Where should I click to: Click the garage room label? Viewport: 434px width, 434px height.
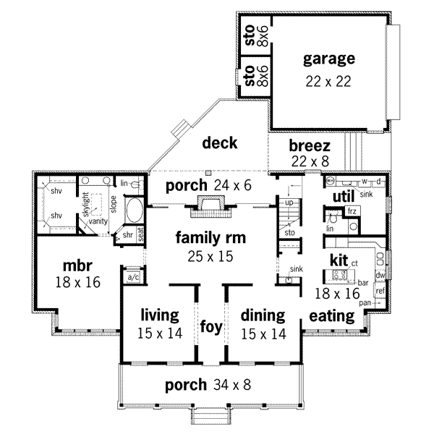[328, 59]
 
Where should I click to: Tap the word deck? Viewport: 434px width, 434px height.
[220, 142]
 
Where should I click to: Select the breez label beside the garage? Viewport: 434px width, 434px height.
[310, 145]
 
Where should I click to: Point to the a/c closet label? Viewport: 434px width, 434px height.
[133, 277]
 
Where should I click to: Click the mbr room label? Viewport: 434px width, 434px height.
[76, 265]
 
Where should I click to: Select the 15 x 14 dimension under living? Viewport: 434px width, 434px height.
[160, 333]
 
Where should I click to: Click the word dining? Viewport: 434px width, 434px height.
[262, 315]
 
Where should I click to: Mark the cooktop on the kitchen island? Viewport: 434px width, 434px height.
[337, 274]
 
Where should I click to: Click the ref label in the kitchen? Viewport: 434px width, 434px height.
[380, 291]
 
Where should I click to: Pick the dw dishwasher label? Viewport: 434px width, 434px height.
[379, 276]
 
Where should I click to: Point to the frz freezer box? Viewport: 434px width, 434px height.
[352, 210]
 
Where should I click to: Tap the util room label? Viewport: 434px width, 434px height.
[341, 197]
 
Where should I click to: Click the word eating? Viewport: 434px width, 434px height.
[332, 316]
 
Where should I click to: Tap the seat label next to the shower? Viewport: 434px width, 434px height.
[141, 235]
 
